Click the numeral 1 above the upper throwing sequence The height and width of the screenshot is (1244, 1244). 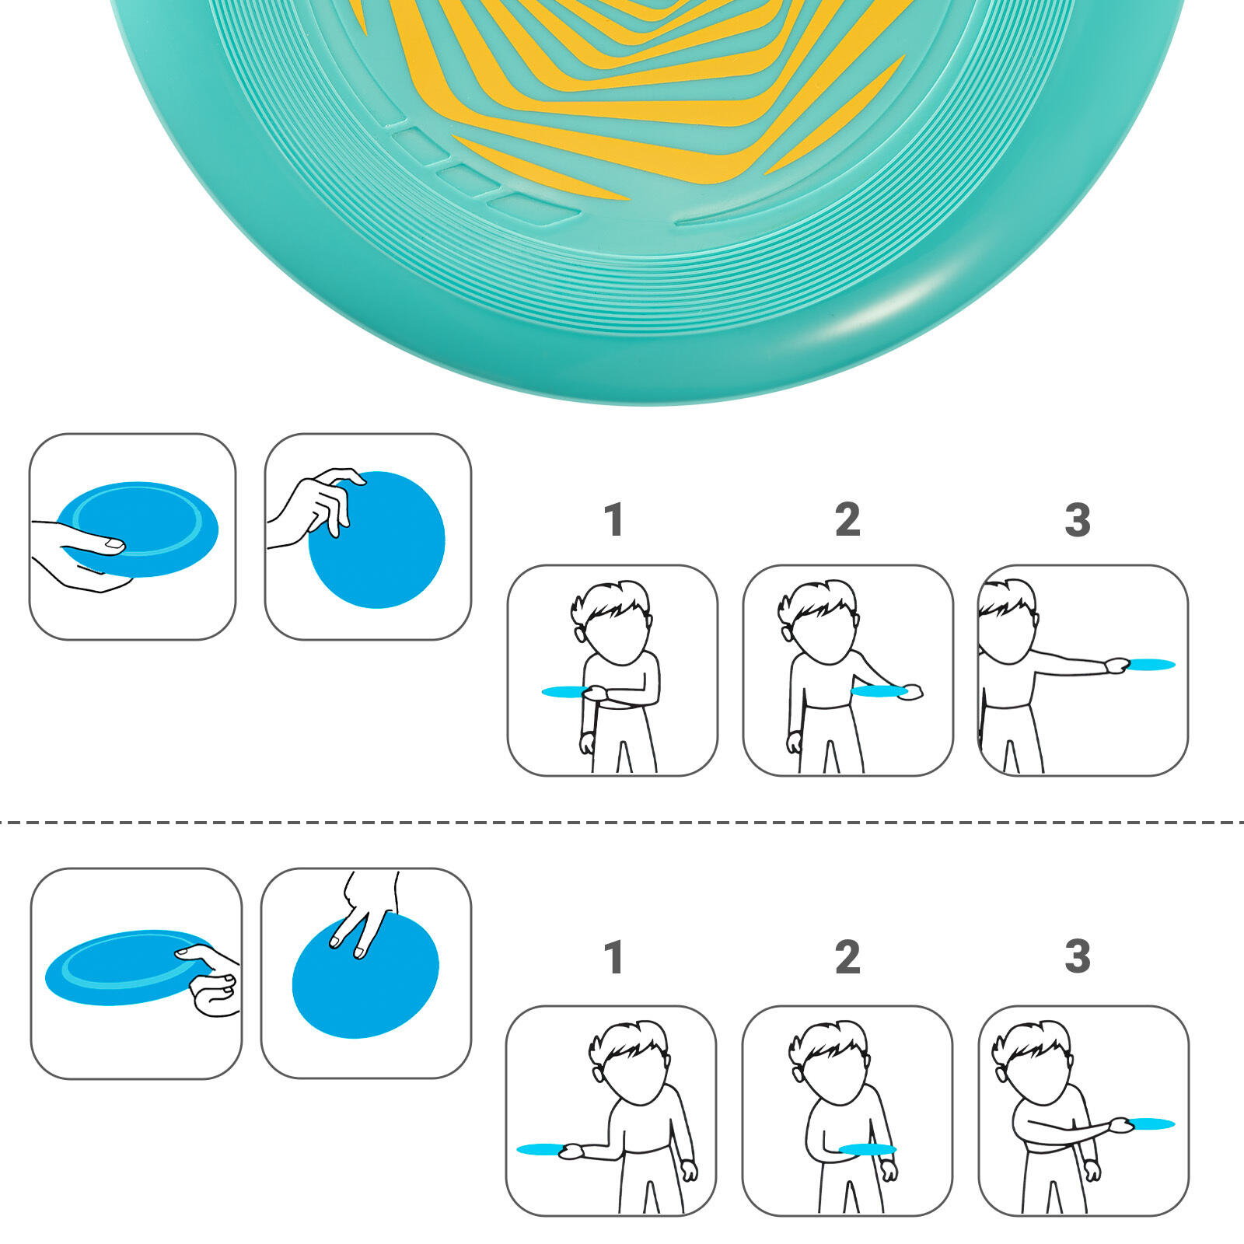coord(614,519)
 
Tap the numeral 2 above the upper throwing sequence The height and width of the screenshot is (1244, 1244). coord(847,519)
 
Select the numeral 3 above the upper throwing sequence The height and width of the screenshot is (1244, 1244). coord(1078,519)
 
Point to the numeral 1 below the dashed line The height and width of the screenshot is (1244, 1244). coord(614,957)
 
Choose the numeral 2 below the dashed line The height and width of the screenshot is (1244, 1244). coord(847,957)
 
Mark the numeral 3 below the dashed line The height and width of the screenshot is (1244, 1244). coord(1078,957)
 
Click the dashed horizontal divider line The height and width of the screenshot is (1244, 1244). coord(622,821)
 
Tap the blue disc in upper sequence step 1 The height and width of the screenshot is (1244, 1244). coord(564,691)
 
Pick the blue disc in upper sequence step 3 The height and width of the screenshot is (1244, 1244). coord(1151,665)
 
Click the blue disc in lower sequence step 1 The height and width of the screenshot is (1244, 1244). coord(540,1149)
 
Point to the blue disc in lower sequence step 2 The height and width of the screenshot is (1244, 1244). coord(868,1149)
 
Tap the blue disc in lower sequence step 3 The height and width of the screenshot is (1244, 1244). coord(1151,1123)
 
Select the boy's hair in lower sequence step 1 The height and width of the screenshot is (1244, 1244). coord(630,1042)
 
